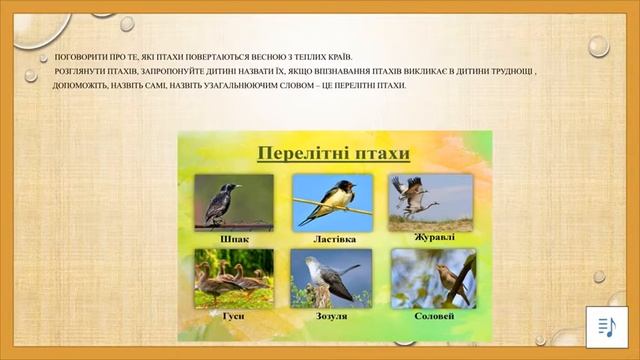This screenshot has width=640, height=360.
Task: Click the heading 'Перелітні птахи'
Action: coord(334,154)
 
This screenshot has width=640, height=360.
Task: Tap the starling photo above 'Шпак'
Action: coord(233,203)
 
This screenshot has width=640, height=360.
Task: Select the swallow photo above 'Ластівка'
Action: coord(332,203)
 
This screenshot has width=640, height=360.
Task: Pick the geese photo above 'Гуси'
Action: coord(233,279)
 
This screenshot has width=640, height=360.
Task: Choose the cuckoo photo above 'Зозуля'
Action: coord(332,279)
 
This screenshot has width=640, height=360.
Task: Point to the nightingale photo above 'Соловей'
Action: coord(433,279)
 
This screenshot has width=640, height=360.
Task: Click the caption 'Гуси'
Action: coord(233,316)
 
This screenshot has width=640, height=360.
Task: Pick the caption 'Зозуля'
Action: coord(332,316)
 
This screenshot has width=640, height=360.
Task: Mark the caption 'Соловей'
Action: coord(433,316)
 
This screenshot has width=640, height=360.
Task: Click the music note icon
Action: coord(605,327)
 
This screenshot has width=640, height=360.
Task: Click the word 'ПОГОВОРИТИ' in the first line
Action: coord(78,57)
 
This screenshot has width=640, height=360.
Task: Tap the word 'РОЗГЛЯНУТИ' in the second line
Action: coord(80,72)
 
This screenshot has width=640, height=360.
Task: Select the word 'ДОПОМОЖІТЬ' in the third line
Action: coord(80,86)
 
